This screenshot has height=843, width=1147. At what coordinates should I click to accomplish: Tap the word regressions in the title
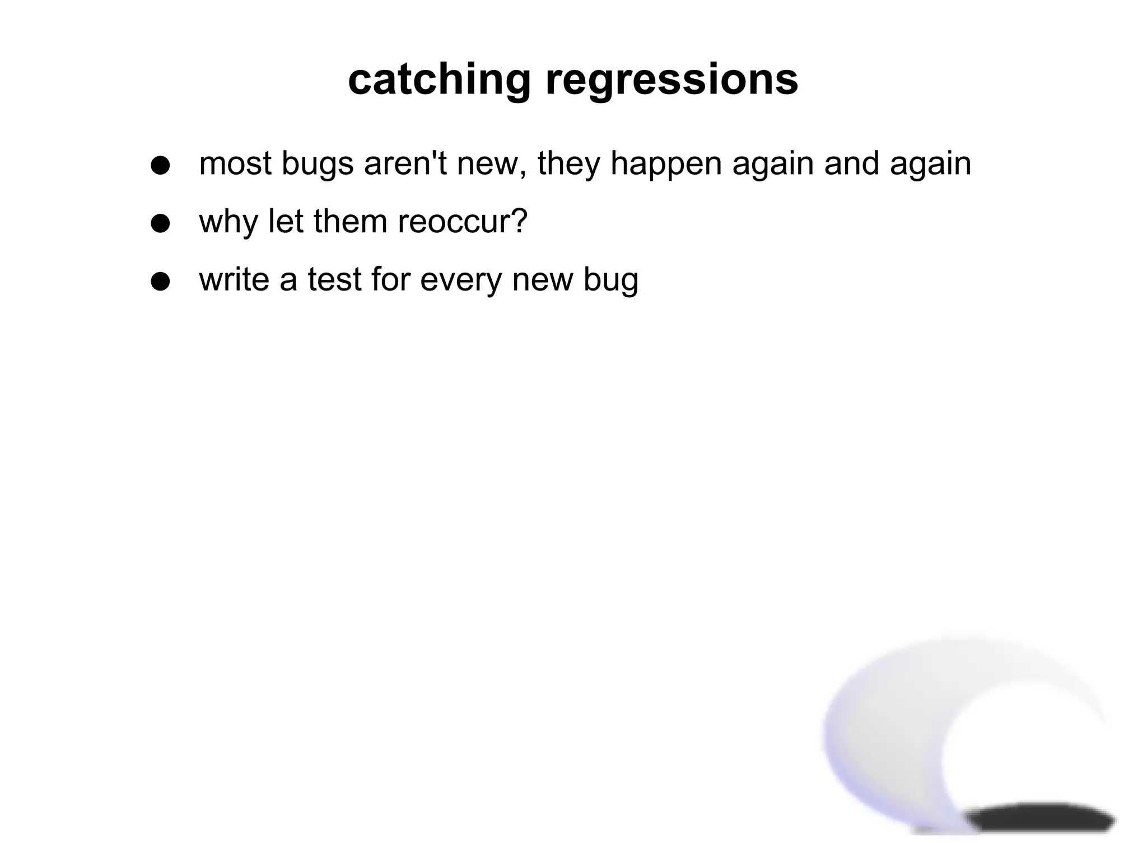pyautogui.click(x=672, y=79)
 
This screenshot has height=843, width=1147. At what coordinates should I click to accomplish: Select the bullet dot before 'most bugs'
pyautogui.click(x=160, y=165)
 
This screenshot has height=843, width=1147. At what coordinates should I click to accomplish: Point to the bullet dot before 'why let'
pyautogui.click(x=160, y=223)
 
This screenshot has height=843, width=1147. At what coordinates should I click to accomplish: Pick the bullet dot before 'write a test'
pyautogui.click(x=160, y=282)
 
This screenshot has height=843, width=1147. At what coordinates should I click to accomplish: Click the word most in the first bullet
pyautogui.click(x=235, y=164)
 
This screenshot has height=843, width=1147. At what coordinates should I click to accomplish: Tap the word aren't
pyautogui.click(x=405, y=164)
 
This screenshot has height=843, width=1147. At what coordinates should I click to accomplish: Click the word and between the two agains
pyautogui.click(x=852, y=164)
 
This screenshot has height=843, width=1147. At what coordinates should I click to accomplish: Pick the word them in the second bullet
pyautogui.click(x=350, y=222)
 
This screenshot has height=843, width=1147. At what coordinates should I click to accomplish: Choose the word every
pyautogui.click(x=460, y=280)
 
